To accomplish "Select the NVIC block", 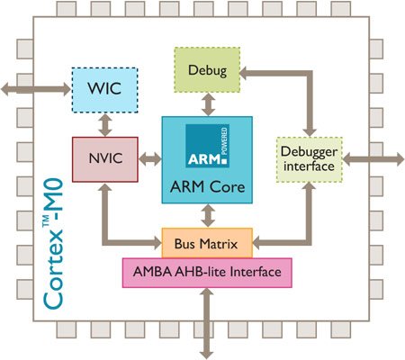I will click(104, 159).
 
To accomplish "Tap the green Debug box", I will click(208, 68).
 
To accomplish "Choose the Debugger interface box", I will click(310, 159).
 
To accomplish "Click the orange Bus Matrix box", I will click(207, 242).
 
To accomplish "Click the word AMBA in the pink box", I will click(153, 271).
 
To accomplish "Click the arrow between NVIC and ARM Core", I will click(148, 159).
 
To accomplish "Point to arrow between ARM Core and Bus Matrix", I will click(209, 216).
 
